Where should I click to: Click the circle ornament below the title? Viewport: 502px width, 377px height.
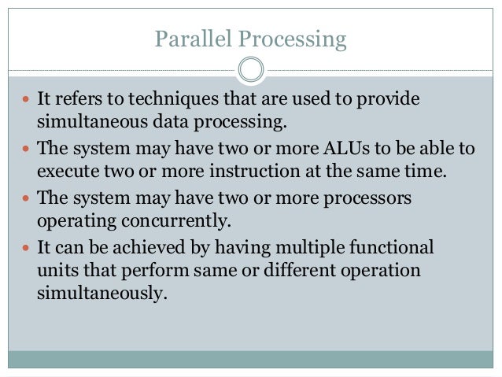(250, 69)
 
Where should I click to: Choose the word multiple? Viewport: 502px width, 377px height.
(309, 248)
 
